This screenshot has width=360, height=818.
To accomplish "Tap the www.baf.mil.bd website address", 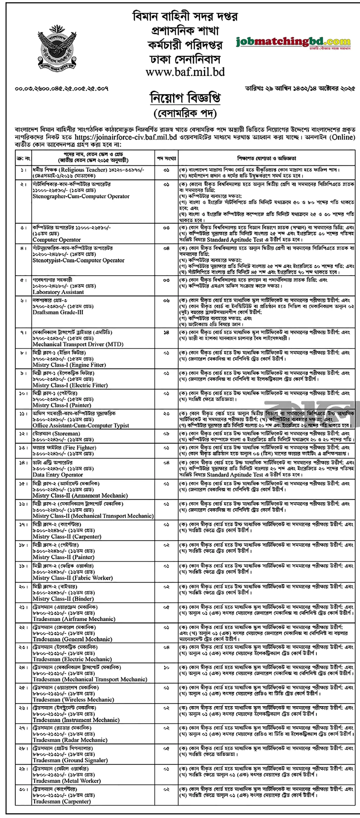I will (x=185, y=72).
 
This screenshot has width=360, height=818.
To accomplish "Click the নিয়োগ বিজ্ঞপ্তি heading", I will (x=185, y=98).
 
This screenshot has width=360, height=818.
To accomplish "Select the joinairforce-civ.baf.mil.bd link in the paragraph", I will (x=126, y=137).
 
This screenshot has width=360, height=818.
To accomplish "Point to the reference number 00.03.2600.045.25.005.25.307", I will (x=62, y=89).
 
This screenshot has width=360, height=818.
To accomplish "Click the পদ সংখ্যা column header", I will (x=166, y=158).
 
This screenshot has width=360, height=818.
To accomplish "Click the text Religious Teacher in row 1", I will (x=83, y=170).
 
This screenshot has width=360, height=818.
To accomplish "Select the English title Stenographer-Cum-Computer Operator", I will (x=81, y=196).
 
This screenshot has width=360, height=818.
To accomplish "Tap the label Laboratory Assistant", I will (x=58, y=292).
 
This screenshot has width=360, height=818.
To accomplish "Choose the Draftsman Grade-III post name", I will (x=58, y=312).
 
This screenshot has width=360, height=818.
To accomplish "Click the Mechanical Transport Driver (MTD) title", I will (x=78, y=344).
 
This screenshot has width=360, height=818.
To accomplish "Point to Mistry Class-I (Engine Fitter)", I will (x=69, y=365).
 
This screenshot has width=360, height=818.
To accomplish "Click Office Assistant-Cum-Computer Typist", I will (x=81, y=425).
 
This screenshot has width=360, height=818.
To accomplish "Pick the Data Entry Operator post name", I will (x=58, y=475).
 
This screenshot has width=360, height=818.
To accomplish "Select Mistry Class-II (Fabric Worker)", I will (x=73, y=578).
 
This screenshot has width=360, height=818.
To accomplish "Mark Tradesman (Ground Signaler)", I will (x=70, y=760).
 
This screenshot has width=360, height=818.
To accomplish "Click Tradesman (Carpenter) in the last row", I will (x=62, y=801).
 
